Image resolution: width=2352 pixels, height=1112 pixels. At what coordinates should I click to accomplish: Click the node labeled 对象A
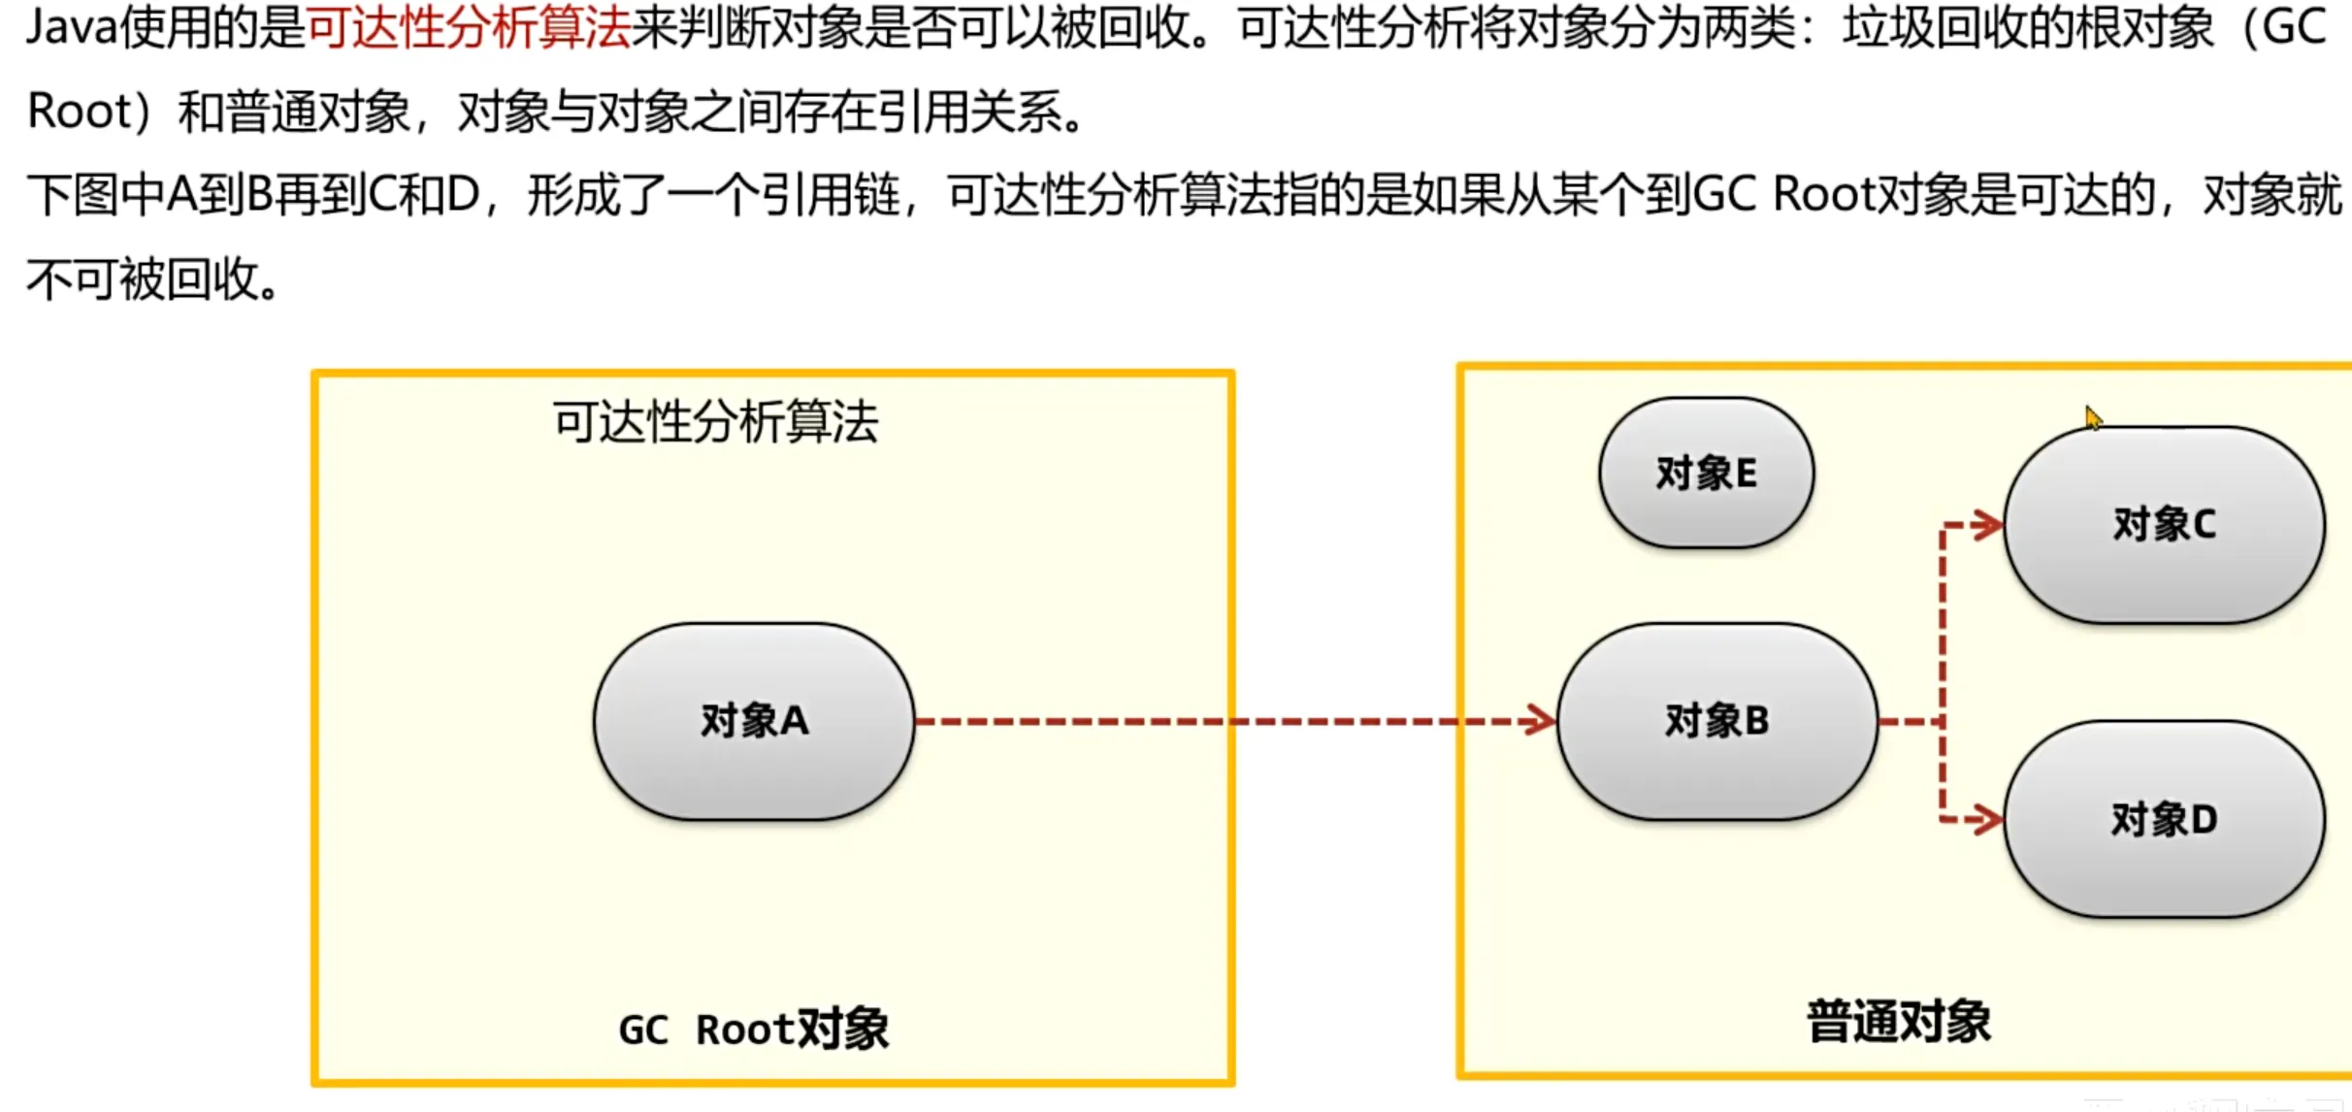click(754, 721)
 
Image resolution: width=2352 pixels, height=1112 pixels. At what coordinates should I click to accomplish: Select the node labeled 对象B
click(1716, 721)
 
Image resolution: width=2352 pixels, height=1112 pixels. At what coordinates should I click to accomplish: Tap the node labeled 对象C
click(2164, 524)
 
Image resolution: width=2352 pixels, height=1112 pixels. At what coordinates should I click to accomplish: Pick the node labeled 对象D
click(2164, 819)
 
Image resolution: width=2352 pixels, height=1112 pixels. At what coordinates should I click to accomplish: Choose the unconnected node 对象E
click(1706, 474)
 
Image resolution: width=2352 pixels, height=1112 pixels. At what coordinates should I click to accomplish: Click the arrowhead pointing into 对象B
click(1539, 721)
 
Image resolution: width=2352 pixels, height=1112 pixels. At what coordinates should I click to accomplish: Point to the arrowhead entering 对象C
click(1987, 525)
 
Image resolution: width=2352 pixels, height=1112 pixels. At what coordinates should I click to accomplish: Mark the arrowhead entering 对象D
click(1987, 820)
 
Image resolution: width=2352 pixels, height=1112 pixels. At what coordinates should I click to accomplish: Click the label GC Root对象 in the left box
click(753, 1030)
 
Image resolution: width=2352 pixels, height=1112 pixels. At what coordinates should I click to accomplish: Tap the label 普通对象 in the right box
click(1898, 1022)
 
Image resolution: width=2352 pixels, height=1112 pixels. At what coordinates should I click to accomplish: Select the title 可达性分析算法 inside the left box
click(715, 422)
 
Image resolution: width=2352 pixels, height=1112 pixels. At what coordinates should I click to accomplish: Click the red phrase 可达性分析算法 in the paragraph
click(469, 28)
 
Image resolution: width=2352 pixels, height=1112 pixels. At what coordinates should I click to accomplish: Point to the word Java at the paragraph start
click(71, 28)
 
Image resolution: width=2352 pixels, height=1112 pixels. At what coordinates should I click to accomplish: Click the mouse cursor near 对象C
click(2092, 417)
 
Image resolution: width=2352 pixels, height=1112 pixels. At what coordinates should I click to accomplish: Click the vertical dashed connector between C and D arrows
click(1942, 670)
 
